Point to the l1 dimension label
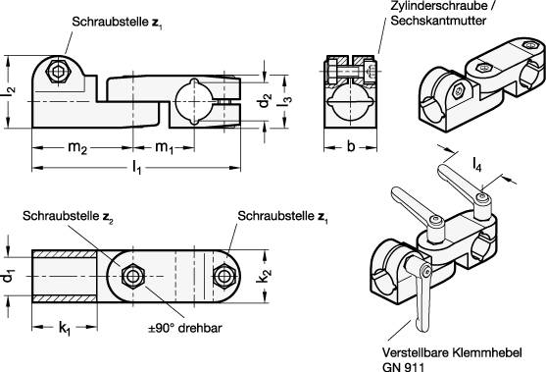[137, 170]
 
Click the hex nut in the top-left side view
[61, 72]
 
